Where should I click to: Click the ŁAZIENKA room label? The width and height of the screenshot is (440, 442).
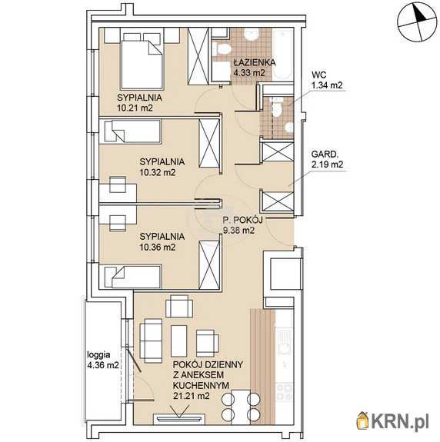[x=255, y=62]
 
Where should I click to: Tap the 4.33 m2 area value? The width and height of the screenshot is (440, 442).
[x=249, y=73]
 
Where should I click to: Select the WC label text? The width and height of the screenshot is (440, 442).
[x=319, y=75]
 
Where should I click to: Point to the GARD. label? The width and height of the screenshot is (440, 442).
[x=325, y=155]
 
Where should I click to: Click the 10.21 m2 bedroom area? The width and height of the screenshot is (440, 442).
[x=135, y=108]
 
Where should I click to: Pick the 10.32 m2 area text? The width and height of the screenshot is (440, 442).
[x=158, y=172]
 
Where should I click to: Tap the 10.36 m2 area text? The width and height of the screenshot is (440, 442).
[x=158, y=248]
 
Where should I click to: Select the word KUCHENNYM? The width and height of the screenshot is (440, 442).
[x=201, y=385]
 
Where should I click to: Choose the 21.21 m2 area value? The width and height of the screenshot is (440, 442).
[x=192, y=396]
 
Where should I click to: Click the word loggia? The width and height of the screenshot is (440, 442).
[x=98, y=355]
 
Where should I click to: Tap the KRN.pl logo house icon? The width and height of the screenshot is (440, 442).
[x=363, y=421]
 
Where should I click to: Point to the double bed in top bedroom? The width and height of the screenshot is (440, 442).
[x=142, y=64]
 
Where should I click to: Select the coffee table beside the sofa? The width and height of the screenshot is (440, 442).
[x=179, y=341]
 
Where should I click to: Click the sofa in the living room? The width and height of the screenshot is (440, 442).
[x=151, y=341]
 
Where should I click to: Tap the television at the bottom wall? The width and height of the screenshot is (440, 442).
[x=178, y=419]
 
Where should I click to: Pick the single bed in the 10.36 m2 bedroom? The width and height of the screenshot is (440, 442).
[x=133, y=277]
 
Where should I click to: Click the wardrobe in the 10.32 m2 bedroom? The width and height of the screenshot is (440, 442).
[x=209, y=143]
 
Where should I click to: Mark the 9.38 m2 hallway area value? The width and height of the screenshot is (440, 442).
[x=239, y=231]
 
